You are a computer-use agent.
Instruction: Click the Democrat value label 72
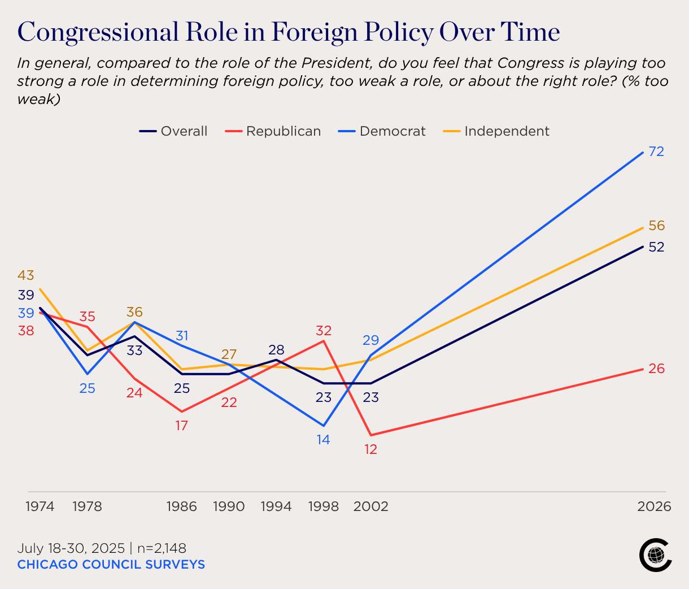pyautogui.click(x=656, y=151)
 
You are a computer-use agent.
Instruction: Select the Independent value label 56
pyautogui.click(x=656, y=226)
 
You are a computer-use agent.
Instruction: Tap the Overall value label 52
pyautogui.click(x=656, y=247)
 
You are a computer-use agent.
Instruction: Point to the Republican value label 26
pyautogui.click(x=656, y=369)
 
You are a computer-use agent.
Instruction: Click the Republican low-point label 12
pyautogui.click(x=370, y=449)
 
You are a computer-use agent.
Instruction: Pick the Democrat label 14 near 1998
pyautogui.click(x=323, y=439)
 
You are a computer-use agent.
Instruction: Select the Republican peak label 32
pyautogui.click(x=324, y=331)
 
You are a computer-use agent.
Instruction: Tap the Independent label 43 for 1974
pyautogui.click(x=26, y=276)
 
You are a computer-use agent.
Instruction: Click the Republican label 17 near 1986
pyautogui.click(x=181, y=426)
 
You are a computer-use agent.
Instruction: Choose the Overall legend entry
pyautogui.click(x=174, y=131)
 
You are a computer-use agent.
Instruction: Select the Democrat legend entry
pyautogui.click(x=382, y=131)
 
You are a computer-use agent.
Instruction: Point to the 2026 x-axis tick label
pyautogui.click(x=654, y=506)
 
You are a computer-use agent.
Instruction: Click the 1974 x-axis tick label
pyautogui.click(x=40, y=506)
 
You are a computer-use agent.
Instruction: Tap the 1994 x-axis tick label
pyautogui.click(x=276, y=506)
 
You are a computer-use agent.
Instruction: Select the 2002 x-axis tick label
pyautogui.click(x=370, y=506)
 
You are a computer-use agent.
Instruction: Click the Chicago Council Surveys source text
pyautogui.click(x=111, y=565)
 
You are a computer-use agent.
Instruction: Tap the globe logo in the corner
pyautogui.click(x=655, y=555)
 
